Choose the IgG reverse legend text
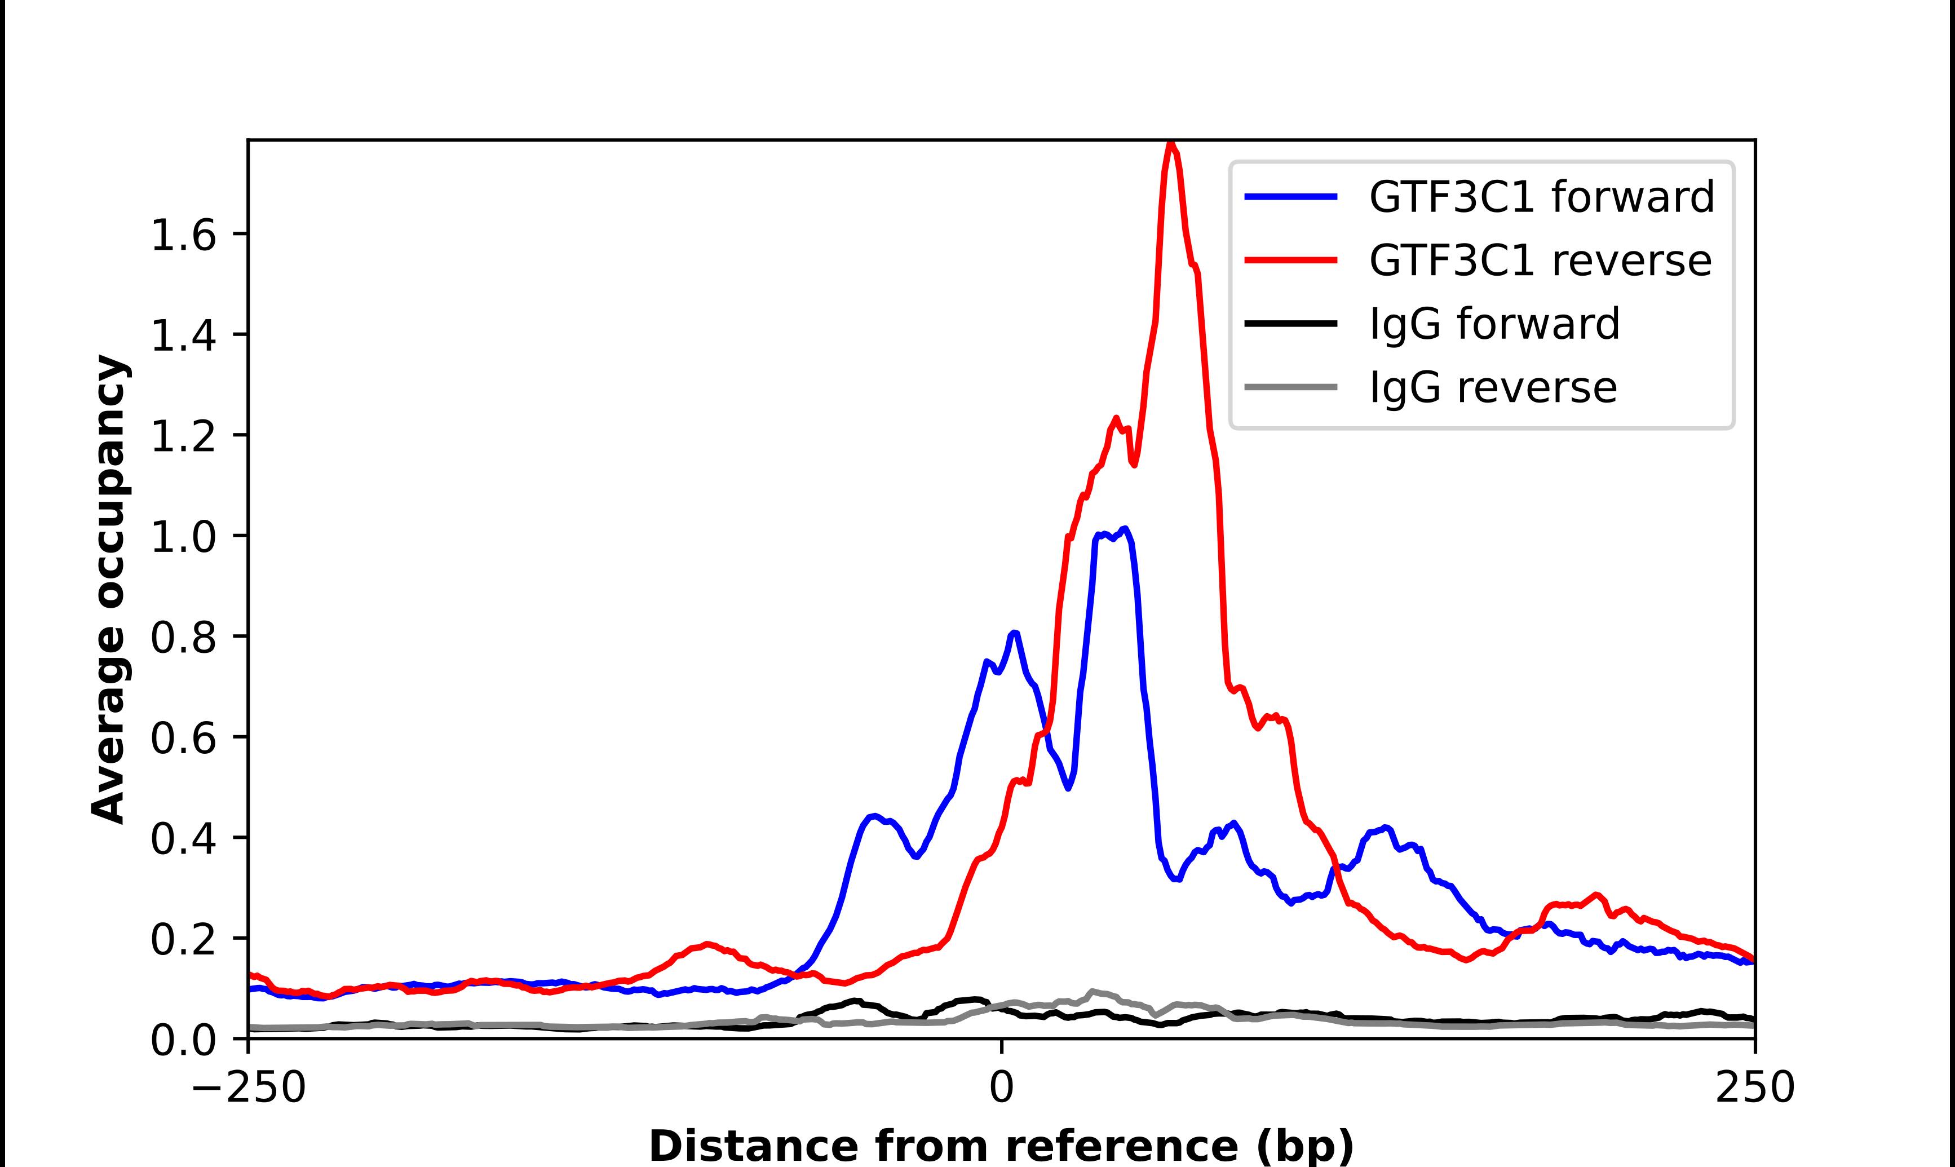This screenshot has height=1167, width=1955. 1493,388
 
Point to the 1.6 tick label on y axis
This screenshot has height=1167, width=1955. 183,235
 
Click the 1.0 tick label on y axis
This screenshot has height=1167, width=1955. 183,537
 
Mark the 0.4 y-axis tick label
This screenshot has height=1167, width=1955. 183,838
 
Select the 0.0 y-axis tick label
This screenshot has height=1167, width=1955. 183,1040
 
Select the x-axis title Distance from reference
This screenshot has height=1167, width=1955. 1001,1145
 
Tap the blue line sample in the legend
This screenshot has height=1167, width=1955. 1291,197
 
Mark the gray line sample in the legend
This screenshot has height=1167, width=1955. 1291,387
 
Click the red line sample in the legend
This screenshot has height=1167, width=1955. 1291,260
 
